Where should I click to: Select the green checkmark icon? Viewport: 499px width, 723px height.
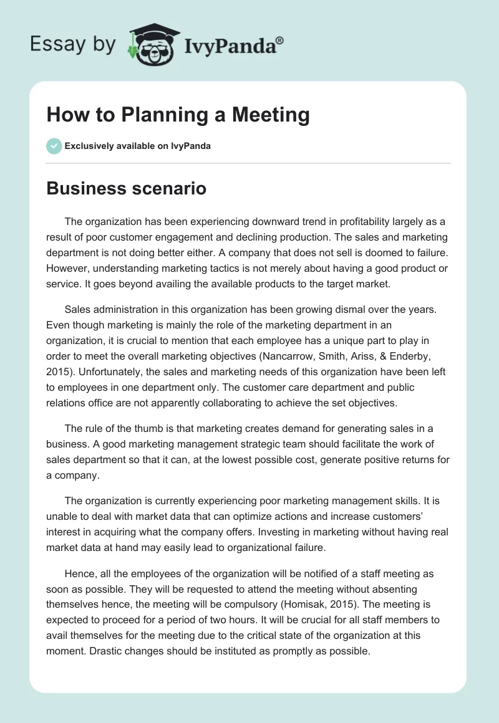coord(54,146)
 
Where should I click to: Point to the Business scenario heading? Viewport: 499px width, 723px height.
coord(126,188)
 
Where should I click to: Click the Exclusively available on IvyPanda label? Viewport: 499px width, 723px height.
coord(137,146)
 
